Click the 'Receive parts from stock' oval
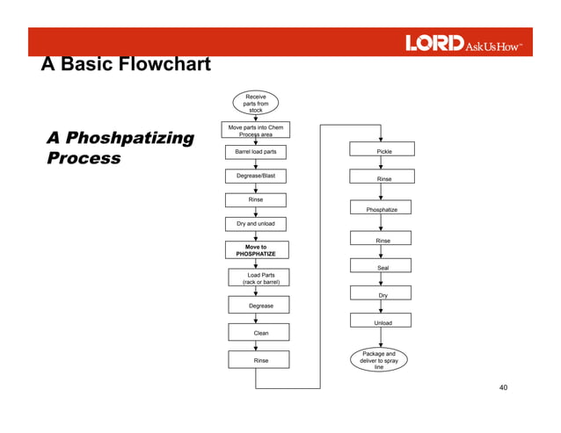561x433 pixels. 255,103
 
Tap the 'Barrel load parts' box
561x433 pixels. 255,152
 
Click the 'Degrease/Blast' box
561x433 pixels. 255,176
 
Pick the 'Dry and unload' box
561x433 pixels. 255,224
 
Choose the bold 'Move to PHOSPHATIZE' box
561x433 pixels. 255,250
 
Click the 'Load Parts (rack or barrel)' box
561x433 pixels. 260,278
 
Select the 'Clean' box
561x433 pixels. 260,333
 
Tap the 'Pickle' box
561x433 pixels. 383,151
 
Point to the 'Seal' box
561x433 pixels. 382,267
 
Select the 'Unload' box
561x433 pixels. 382,322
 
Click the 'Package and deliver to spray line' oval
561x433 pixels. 378,360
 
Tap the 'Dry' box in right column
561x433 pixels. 382,295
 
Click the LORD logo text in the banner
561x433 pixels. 433,43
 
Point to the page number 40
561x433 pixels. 503,387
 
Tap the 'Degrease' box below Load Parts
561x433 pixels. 260,306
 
